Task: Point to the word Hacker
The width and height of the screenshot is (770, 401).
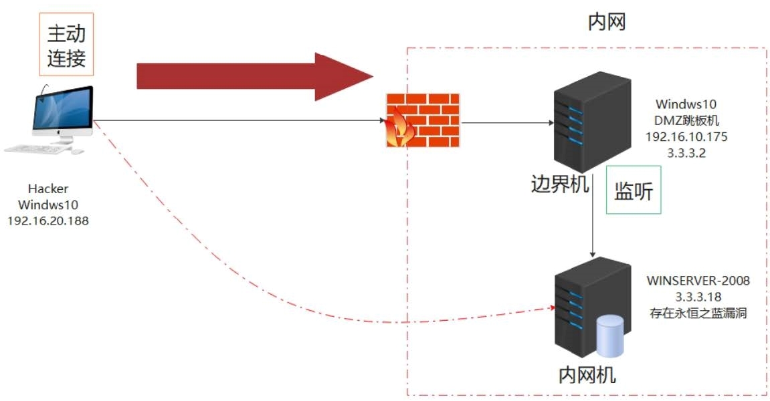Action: (x=48, y=189)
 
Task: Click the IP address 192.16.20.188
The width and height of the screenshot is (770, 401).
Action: (x=48, y=220)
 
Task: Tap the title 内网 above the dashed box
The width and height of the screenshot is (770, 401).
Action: (x=606, y=23)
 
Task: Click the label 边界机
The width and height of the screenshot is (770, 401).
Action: (x=561, y=184)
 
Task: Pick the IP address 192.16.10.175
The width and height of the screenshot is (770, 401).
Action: (x=686, y=136)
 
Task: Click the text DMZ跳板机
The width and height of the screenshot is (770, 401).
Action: (x=686, y=120)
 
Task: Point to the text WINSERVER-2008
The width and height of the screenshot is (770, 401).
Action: (x=698, y=281)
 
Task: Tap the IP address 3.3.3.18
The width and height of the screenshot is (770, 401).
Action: (x=698, y=296)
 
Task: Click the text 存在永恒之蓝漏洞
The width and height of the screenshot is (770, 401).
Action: (x=698, y=312)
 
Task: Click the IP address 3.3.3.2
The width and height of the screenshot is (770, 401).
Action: (x=686, y=152)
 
